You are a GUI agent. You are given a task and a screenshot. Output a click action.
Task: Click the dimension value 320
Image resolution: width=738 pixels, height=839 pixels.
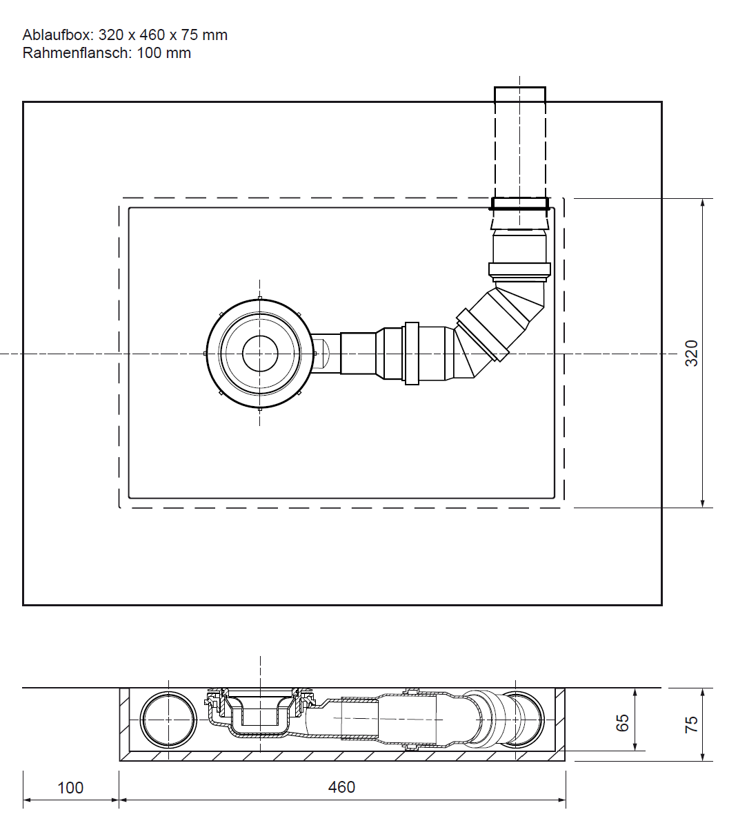[x=691, y=353]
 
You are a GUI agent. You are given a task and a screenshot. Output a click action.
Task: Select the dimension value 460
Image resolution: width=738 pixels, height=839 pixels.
[x=341, y=787]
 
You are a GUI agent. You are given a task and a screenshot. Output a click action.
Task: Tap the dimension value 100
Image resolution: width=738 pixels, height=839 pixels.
[x=70, y=788]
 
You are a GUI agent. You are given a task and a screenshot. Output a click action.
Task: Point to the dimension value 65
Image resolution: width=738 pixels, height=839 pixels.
[x=623, y=723]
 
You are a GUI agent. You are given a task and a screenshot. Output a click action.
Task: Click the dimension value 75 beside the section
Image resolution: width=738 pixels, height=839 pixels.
[x=691, y=724]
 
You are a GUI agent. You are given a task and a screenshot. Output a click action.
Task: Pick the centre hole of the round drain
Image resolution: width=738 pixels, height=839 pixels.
[x=260, y=354]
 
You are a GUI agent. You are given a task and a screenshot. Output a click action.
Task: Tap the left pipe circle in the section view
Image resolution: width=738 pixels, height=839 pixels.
[x=168, y=720]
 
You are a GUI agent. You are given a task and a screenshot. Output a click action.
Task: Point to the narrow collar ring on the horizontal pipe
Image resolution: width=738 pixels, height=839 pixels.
[x=412, y=354]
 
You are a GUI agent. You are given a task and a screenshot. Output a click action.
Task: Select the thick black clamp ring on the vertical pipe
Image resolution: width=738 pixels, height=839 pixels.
[x=520, y=204]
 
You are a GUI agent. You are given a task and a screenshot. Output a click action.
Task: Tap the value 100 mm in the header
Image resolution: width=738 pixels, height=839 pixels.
[x=164, y=53]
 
